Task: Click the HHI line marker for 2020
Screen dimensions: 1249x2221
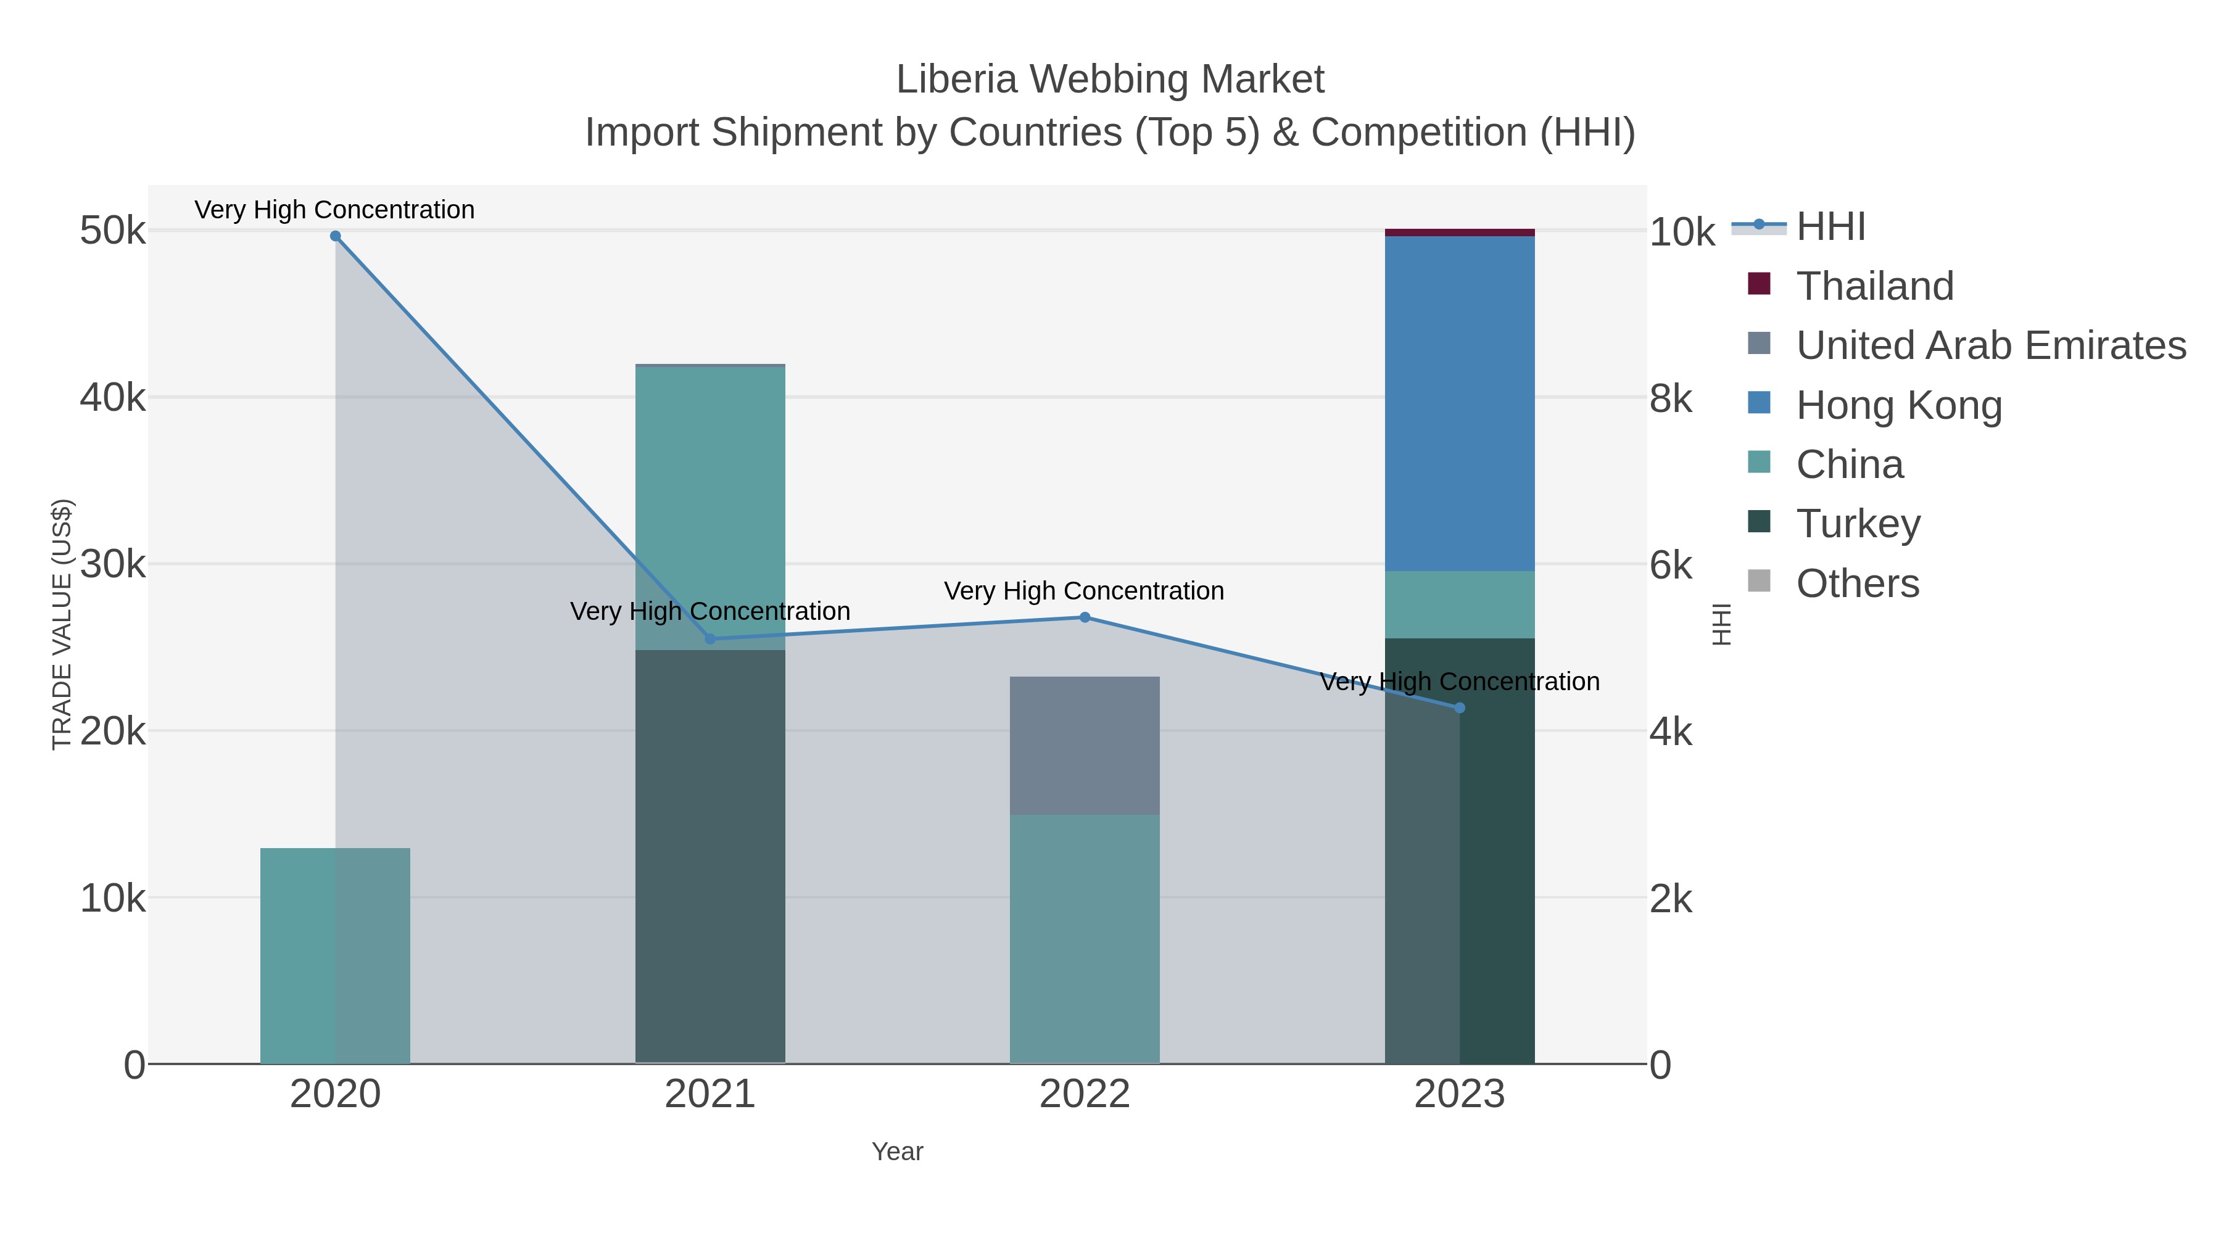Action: (336, 236)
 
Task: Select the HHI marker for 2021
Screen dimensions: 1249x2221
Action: (711, 639)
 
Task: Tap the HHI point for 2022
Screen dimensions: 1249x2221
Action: (1085, 617)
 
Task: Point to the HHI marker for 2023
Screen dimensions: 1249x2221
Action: (1460, 707)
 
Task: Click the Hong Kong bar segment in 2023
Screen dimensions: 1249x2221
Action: (1460, 403)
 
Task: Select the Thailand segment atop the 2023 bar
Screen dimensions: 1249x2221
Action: (1460, 233)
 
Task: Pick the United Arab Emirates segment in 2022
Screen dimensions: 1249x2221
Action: (1085, 746)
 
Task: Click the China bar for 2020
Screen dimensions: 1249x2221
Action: (336, 956)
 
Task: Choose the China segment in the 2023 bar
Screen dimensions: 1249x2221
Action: (1460, 604)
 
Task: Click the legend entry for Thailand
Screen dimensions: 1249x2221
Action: (1874, 286)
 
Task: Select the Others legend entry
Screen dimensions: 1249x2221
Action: (1857, 583)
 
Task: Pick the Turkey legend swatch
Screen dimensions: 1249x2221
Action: (1759, 522)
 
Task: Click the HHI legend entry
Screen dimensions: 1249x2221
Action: (1830, 227)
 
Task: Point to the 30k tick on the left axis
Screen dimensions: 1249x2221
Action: (113, 564)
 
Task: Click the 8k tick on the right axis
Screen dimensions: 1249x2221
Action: (1671, 398)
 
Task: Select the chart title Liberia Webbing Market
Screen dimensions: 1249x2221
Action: (1110, 80)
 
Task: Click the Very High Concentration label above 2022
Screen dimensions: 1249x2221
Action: (1084, 592)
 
